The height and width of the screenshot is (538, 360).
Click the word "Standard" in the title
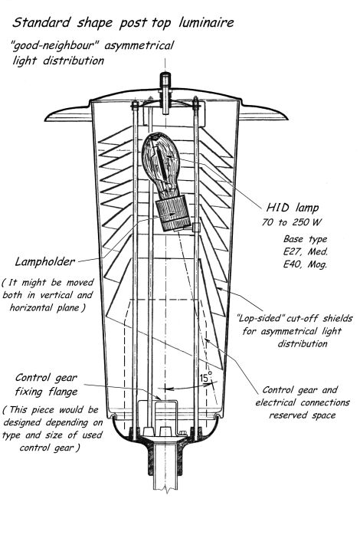coord(41,23)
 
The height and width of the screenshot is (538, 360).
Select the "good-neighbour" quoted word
coord(55,46)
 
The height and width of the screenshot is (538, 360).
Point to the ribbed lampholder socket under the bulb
coord(173,213)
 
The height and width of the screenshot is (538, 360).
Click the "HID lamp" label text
coord(293,208)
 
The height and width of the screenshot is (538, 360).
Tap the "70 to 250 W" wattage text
coord(291,222)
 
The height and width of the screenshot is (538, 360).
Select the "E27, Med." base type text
coord(305,251)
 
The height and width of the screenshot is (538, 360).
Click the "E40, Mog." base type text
coord(304,264)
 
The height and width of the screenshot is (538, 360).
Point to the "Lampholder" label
coord(44,262)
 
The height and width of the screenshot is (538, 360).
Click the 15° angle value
coord(206,378)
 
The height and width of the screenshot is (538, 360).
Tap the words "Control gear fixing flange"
coord(46,385)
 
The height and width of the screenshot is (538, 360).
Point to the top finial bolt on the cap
coord(165,82)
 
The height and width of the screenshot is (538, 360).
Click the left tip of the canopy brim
coord(45,120)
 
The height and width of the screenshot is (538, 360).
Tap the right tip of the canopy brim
coord(287,119)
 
